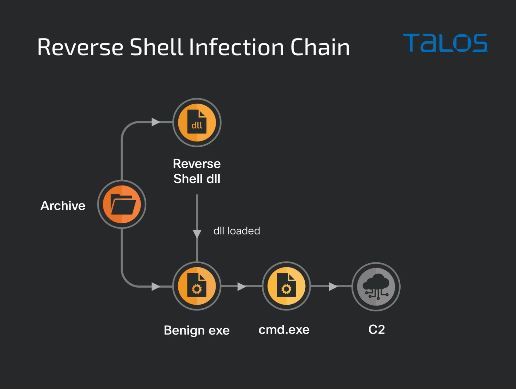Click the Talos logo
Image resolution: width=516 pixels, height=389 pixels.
[445, 43]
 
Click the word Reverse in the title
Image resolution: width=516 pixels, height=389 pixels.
[80, 47]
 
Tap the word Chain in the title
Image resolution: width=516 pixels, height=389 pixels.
[320, 47]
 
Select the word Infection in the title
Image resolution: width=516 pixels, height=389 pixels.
[236, 47]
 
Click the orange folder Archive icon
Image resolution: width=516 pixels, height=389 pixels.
[122, 204]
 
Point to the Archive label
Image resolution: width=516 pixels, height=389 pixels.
[63, 206]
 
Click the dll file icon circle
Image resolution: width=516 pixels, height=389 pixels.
[197, 122]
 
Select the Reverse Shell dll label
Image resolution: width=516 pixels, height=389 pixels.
[197, 171]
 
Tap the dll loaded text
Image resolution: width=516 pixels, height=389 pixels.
[237, 231]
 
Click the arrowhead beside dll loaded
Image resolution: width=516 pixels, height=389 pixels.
[197, 234]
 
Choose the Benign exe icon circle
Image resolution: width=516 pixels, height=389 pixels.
[197, 286]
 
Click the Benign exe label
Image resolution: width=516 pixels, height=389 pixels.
[197, 330]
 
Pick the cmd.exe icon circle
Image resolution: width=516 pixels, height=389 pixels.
[286, 286]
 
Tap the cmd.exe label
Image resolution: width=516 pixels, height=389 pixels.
[284, 330]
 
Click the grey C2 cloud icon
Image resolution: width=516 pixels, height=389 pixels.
[376, 287]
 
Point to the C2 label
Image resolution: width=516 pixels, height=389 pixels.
[377, 330]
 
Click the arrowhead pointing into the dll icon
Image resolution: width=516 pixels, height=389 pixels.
[156, 122]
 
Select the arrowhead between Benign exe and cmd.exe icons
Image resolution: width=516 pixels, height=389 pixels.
[242, 286]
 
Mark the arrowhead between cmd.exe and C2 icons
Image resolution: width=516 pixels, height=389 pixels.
[333, 286]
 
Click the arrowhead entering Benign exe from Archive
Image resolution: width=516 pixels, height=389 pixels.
[156, 286]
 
